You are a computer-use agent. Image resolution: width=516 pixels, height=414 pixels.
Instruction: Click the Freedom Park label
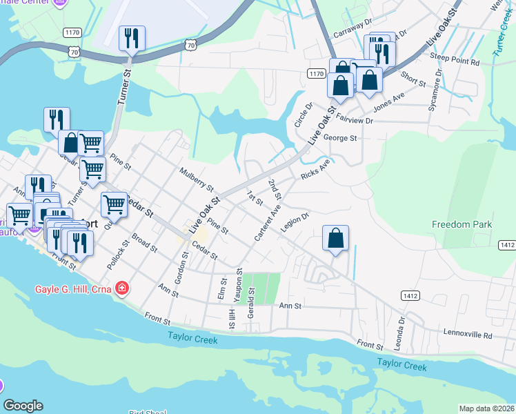[x=462, y=224]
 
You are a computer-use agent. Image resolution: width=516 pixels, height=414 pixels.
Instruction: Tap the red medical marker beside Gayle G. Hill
[x=122, y=288]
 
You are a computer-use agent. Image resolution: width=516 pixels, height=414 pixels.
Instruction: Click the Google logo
[x=23, y=406]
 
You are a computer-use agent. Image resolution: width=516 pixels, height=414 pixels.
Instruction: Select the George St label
[x=340, y=138]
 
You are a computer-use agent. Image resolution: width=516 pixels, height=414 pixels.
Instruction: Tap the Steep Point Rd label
[x=455, y=61]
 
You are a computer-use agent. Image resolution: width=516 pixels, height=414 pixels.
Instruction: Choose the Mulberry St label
[x=197, y=179]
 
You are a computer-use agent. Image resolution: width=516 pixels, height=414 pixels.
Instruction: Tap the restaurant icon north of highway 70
[x=132, y=38]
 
